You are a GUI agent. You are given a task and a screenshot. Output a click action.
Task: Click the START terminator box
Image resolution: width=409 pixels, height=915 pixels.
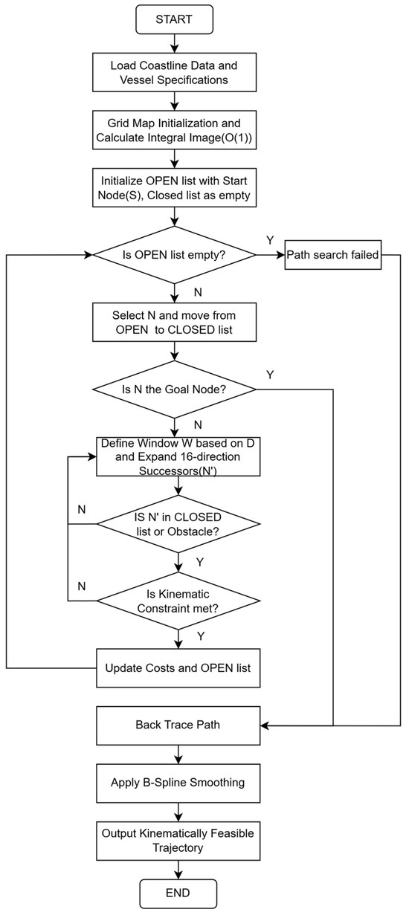pos(175,19)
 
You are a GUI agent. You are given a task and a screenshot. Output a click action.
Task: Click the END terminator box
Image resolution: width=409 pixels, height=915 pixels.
pos(178,893)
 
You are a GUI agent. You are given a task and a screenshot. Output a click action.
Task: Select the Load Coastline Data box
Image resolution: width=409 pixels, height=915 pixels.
pos(175,72)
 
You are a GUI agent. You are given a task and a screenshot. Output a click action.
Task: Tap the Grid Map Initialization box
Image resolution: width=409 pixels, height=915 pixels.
pos(175,130)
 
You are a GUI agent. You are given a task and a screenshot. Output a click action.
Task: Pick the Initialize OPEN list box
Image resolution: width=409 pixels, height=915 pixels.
pos(175,188)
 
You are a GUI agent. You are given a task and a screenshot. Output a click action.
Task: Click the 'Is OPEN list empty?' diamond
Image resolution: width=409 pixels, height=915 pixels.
pos(175,255)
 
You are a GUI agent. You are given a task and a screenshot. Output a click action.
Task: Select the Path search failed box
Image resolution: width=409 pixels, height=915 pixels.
pos(333,255)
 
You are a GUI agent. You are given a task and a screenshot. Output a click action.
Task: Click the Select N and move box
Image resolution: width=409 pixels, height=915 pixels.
pos(175,323)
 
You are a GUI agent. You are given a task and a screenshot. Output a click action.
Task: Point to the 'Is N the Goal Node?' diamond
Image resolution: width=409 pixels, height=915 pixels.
pos(175,389)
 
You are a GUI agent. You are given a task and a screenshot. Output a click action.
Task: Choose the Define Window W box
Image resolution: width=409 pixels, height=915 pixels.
pos(178,456)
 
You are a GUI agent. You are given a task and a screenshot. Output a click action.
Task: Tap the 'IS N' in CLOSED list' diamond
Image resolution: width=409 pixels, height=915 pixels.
pos(178,524)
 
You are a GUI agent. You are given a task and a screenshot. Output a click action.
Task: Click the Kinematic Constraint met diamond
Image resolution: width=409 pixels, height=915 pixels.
pos(178,601)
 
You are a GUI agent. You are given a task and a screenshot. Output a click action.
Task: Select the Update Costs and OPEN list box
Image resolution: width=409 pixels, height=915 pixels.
pos(178,668)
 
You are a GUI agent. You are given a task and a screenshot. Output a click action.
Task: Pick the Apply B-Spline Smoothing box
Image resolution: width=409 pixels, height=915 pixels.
pos(178,783)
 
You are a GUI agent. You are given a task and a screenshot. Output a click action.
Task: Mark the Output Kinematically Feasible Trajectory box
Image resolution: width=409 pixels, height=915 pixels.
pos(178,841)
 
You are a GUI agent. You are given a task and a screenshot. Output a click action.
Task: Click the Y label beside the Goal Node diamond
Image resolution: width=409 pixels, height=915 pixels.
pos(270,375)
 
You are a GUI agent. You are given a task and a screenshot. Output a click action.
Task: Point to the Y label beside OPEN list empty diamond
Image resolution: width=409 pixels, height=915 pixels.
pos(270,240)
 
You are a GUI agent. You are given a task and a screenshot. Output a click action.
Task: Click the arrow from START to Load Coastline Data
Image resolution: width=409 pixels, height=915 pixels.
pos(175,43)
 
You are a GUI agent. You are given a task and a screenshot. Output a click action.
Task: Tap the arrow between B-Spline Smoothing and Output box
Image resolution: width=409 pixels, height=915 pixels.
pos(178,812)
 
